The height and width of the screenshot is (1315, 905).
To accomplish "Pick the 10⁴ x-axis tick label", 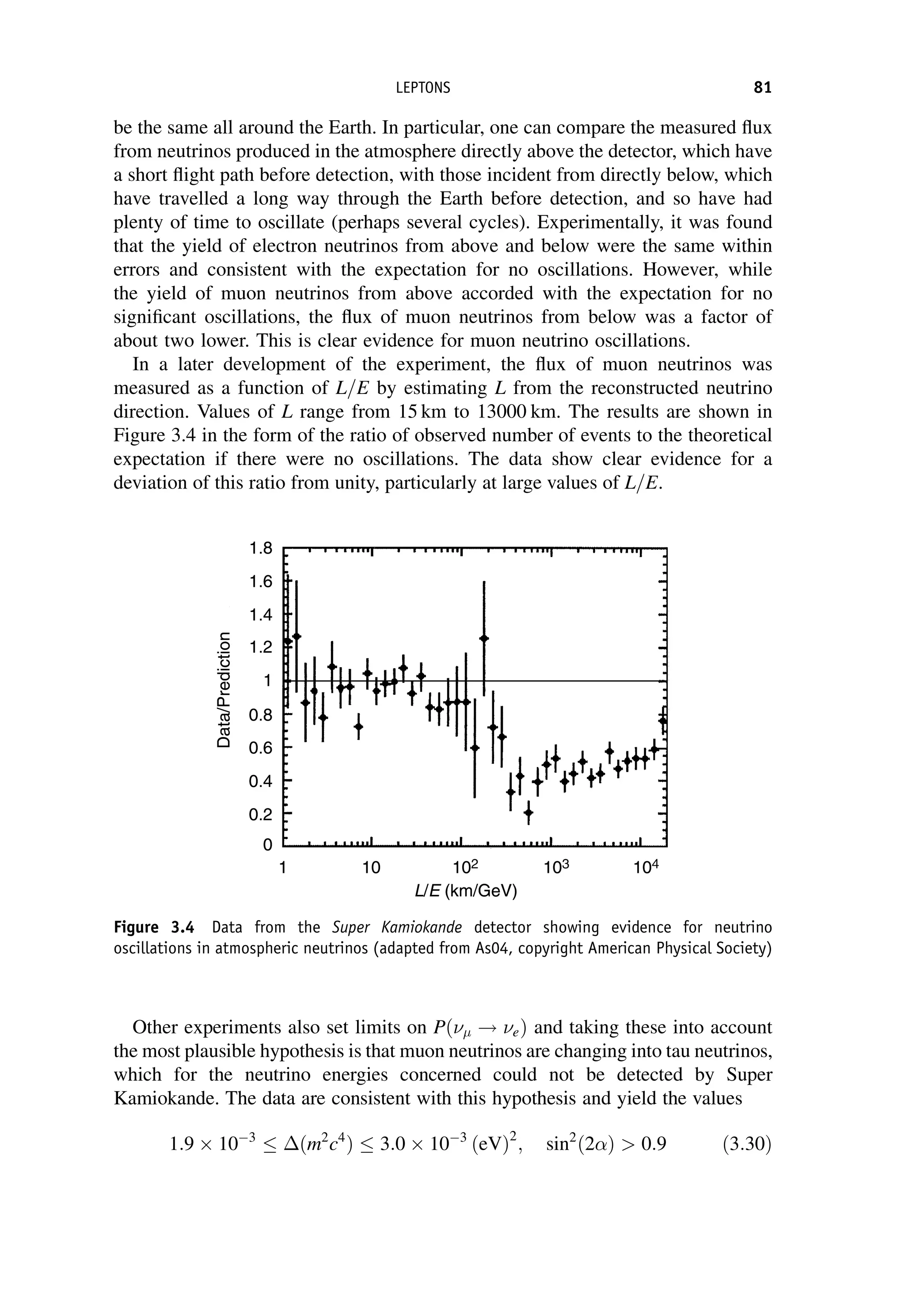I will click(x=647, y=868).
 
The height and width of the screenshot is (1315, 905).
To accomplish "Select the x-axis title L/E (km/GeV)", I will click(x=466, y=892).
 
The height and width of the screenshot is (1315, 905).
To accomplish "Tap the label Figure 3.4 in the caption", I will click(x=154, y=928).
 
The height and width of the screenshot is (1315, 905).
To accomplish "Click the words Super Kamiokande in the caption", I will click(x=397, y=928).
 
